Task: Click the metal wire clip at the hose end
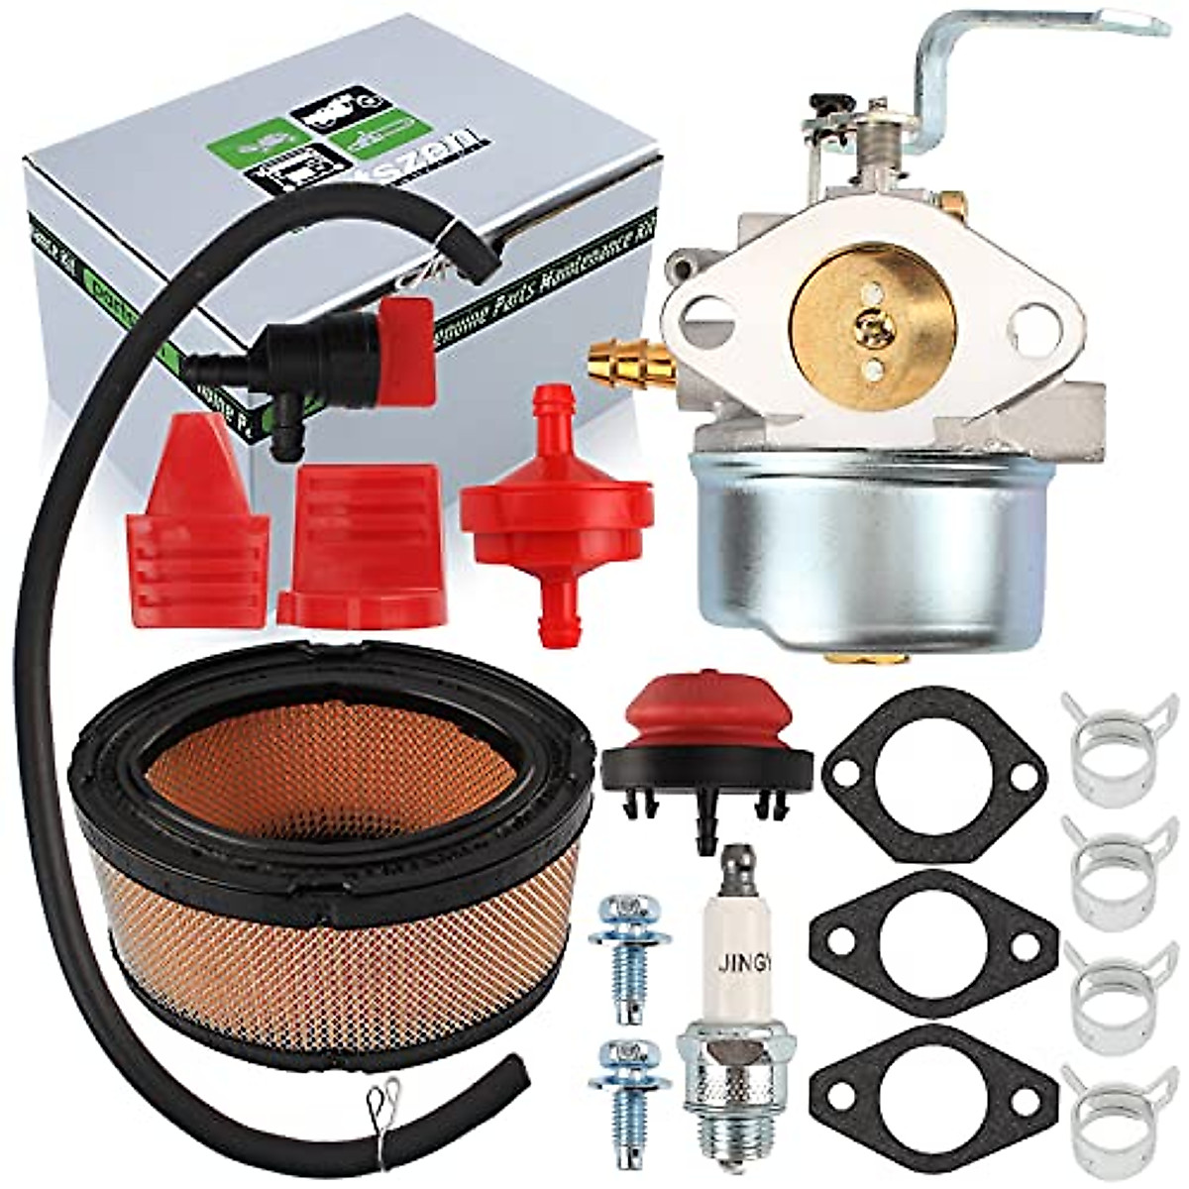point(381,1094)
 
